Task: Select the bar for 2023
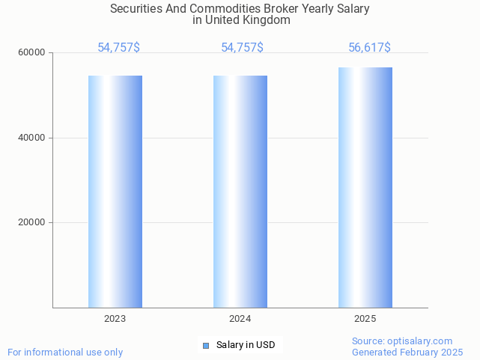point(115,191)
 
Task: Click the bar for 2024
point(240,191)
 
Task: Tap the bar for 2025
point(365,187)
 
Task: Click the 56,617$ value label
point(369,48)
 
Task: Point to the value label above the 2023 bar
point(118,48)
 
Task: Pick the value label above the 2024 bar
point(242,48)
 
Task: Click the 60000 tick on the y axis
point(33,53)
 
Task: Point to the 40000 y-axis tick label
point(33,138)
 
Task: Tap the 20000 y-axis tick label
point(33,223)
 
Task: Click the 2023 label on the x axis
point(115,319)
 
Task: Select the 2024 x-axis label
point(240,319)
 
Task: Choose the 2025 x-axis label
point(365,319)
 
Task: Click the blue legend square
point(206,345)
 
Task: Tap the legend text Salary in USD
point(246,345)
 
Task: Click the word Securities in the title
point(136,9)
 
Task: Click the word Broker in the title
point(282,9)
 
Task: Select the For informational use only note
point(65,352)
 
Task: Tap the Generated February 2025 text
point(407,352)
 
